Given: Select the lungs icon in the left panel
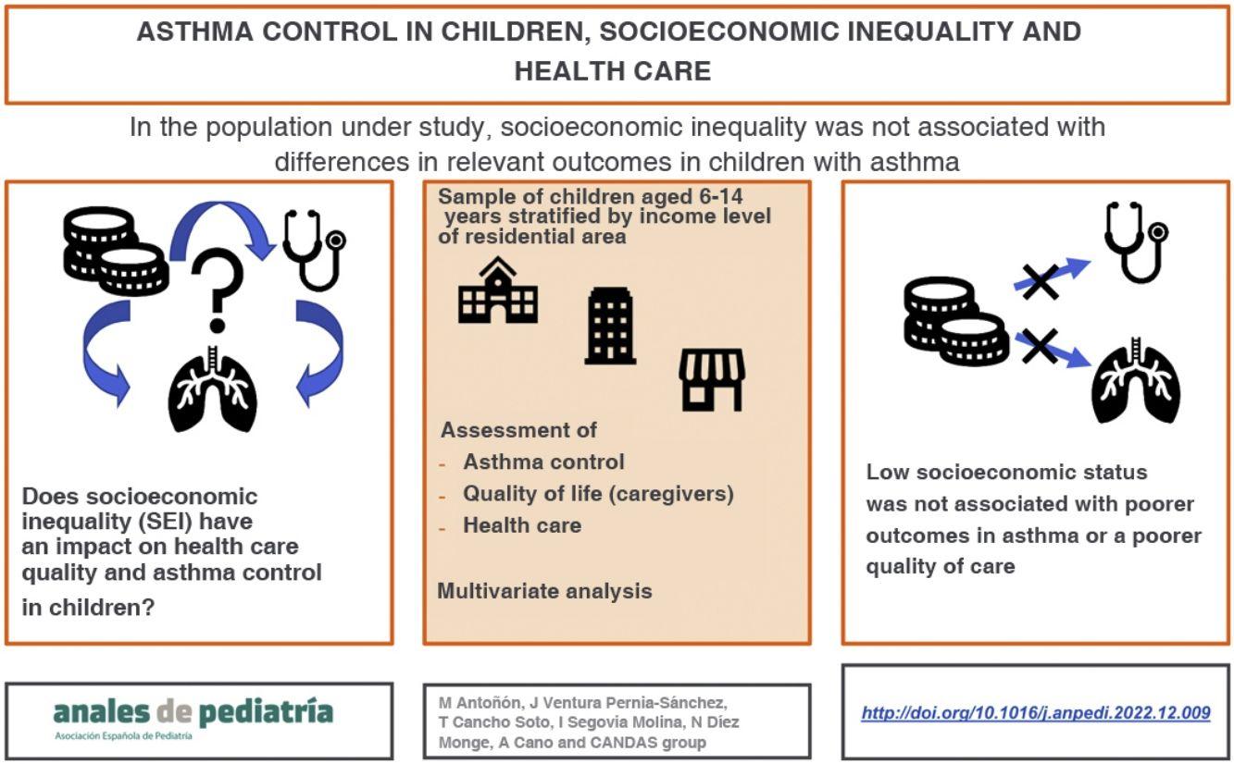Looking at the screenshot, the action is point(213,388).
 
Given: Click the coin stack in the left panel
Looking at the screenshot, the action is point(117,251).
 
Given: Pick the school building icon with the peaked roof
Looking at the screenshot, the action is point(498,290).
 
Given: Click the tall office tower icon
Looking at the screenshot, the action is point(610,326).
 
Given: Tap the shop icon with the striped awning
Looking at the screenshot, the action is point(712,380).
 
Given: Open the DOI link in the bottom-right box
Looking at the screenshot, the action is point(1036,713).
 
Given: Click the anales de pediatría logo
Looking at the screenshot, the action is point(193,718).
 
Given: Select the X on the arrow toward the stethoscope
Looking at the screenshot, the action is point(1041,282).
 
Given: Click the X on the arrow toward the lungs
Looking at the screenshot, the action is point(1041,347).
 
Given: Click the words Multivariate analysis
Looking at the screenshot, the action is point(544,591).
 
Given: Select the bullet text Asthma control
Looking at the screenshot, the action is point(543,462).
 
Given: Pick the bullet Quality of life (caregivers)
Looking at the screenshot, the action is point(598,494).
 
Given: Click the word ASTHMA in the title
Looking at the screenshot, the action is point(195,31).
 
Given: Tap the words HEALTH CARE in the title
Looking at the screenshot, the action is point(613,71).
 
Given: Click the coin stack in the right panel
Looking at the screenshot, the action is point(956,322).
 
